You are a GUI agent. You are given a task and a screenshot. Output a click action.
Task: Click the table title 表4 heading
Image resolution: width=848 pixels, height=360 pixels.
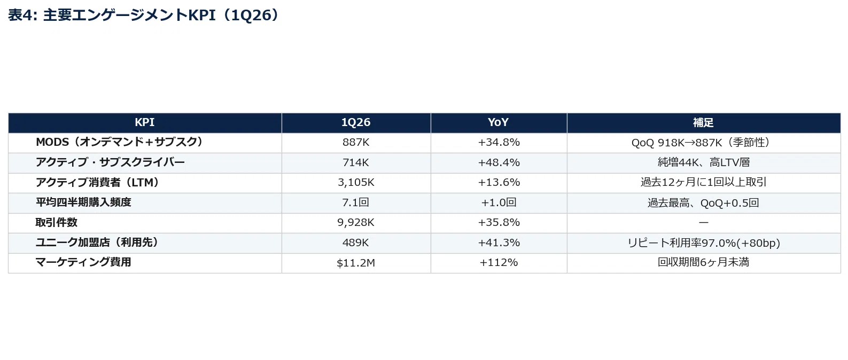click(144, 15)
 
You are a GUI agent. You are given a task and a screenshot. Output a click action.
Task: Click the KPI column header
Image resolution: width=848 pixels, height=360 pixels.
click(145, 122)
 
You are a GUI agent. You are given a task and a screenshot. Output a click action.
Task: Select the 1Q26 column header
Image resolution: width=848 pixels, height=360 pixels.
click(356, 122)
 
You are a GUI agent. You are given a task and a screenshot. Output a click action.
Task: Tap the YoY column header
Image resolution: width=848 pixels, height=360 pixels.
click(498, 122)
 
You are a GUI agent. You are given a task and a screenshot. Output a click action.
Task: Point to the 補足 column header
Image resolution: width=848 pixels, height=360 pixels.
click(703, 122)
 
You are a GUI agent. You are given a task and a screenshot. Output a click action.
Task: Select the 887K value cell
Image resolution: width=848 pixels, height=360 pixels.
click(356, 142)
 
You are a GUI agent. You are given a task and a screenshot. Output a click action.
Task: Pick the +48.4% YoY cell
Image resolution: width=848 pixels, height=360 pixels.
click(499, 162)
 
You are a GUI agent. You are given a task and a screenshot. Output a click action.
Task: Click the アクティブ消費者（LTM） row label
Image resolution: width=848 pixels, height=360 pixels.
click(98, 182)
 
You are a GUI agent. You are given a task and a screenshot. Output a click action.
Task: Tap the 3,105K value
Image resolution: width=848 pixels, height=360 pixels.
click(356, 183)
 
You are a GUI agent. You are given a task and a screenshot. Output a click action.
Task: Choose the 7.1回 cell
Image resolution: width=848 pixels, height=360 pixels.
click(355, 202)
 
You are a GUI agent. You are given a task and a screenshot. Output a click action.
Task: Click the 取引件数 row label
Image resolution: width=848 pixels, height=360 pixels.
click(57, 222)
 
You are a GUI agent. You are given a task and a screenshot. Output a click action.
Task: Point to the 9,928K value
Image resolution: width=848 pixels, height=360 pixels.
click(356, 223)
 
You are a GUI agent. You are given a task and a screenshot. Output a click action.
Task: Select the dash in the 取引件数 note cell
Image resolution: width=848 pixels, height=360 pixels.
click(703, 223)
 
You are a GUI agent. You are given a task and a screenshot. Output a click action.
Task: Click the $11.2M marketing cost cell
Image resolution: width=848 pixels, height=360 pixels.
click(356, 263)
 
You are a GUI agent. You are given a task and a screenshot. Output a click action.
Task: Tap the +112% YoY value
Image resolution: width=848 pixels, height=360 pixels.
click(499, 262)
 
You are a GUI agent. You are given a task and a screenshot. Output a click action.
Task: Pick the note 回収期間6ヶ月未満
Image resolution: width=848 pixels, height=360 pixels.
click(703, 262)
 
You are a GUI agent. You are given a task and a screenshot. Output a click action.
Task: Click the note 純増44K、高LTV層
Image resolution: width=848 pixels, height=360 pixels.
click(704, 162)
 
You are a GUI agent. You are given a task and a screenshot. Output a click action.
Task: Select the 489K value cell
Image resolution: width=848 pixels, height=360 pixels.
click(355, 242)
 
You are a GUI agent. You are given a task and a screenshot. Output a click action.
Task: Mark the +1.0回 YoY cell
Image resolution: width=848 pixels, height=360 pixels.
click(499, 202)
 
